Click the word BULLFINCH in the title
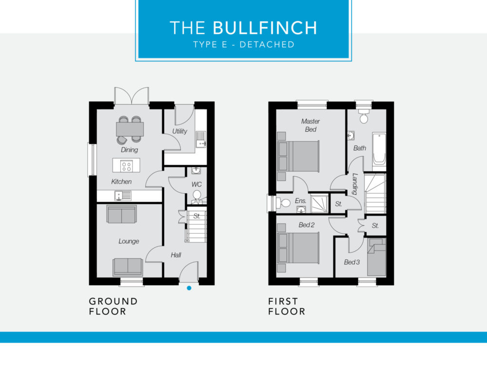(x=264, y=28)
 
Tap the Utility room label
(x=180, y=131)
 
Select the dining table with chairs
(x=130, y=129)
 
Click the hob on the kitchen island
(x=127, y=165)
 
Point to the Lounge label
(x=129, y=241)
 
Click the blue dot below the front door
(x=189, y=288)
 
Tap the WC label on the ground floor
(x=196, y=184)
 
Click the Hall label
(x=176, y=255)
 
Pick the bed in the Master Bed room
(x=298, y=156)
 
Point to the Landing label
(x=355, y=184)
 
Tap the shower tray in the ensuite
(x=319, y=203)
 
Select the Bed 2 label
(x=306, y=225)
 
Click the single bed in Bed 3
(x=377, y=257)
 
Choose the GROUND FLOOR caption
(x=113, y=306)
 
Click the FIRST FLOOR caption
(x=287, y=306)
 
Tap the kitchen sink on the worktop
(x=123, y=196)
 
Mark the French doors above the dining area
(x=131, y=95)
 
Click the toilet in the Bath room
(x=364, y=116)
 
